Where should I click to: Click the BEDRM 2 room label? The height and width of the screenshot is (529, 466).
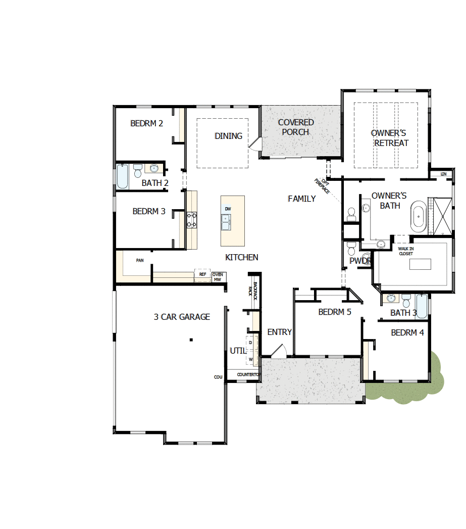click(146, 123)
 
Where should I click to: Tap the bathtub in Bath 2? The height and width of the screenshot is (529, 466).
click(123, 176)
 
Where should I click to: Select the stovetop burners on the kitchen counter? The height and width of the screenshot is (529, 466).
click(192, 220)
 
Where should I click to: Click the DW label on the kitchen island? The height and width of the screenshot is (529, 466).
click(228, 209)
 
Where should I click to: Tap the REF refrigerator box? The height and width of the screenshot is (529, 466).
click(202, 274)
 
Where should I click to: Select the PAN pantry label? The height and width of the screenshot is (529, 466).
click(140, 261)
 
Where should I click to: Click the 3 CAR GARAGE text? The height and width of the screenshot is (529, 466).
click(182, 317)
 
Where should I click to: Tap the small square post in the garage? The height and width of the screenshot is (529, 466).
click(191, 340)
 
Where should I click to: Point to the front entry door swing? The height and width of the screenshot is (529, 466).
click(277, 350)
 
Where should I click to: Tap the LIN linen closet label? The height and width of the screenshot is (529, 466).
click(443, 174)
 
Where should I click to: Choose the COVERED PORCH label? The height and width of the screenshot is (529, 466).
click(296, 127)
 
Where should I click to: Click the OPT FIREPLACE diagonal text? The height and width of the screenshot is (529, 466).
click(322, 186)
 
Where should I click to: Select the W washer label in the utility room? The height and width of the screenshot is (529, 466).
click(250, 360)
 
